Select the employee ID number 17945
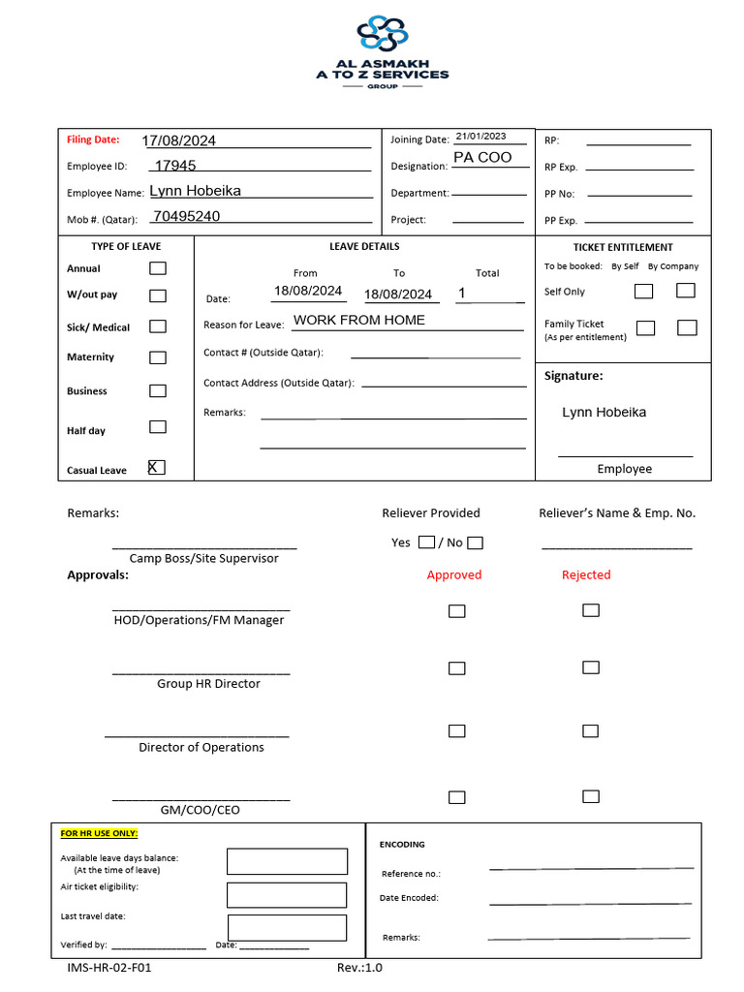coord(175,166)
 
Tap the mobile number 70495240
coord(186,216)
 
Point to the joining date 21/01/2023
coord(480,137)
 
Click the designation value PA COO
coord(481,157)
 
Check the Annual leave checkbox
coord(157,268)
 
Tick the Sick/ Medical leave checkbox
coord(157,327)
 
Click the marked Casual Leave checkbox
coord(156,468)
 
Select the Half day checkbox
coord(157,427)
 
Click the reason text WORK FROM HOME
coord(358,320)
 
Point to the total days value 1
coord(462,293)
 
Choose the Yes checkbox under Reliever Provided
coord(426,542)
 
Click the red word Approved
coord(453,574)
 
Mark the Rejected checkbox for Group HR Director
coord(590,667)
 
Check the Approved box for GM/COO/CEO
coord(456,797)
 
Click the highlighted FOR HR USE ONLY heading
coord(99,833)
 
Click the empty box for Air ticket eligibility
coord(286,895)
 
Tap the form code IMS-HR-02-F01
coord(108,967)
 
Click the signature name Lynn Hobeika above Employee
coord(604,413)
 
